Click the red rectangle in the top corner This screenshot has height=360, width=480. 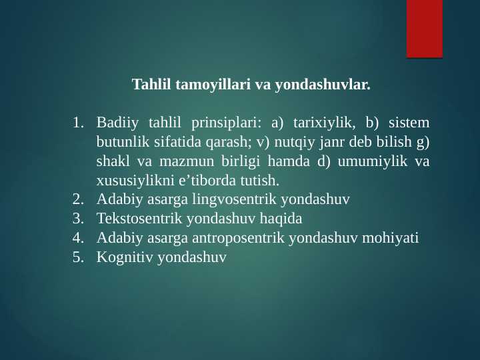[425, 29]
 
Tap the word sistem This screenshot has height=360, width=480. [409, 123]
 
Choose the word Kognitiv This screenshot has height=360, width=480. [124, 257]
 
